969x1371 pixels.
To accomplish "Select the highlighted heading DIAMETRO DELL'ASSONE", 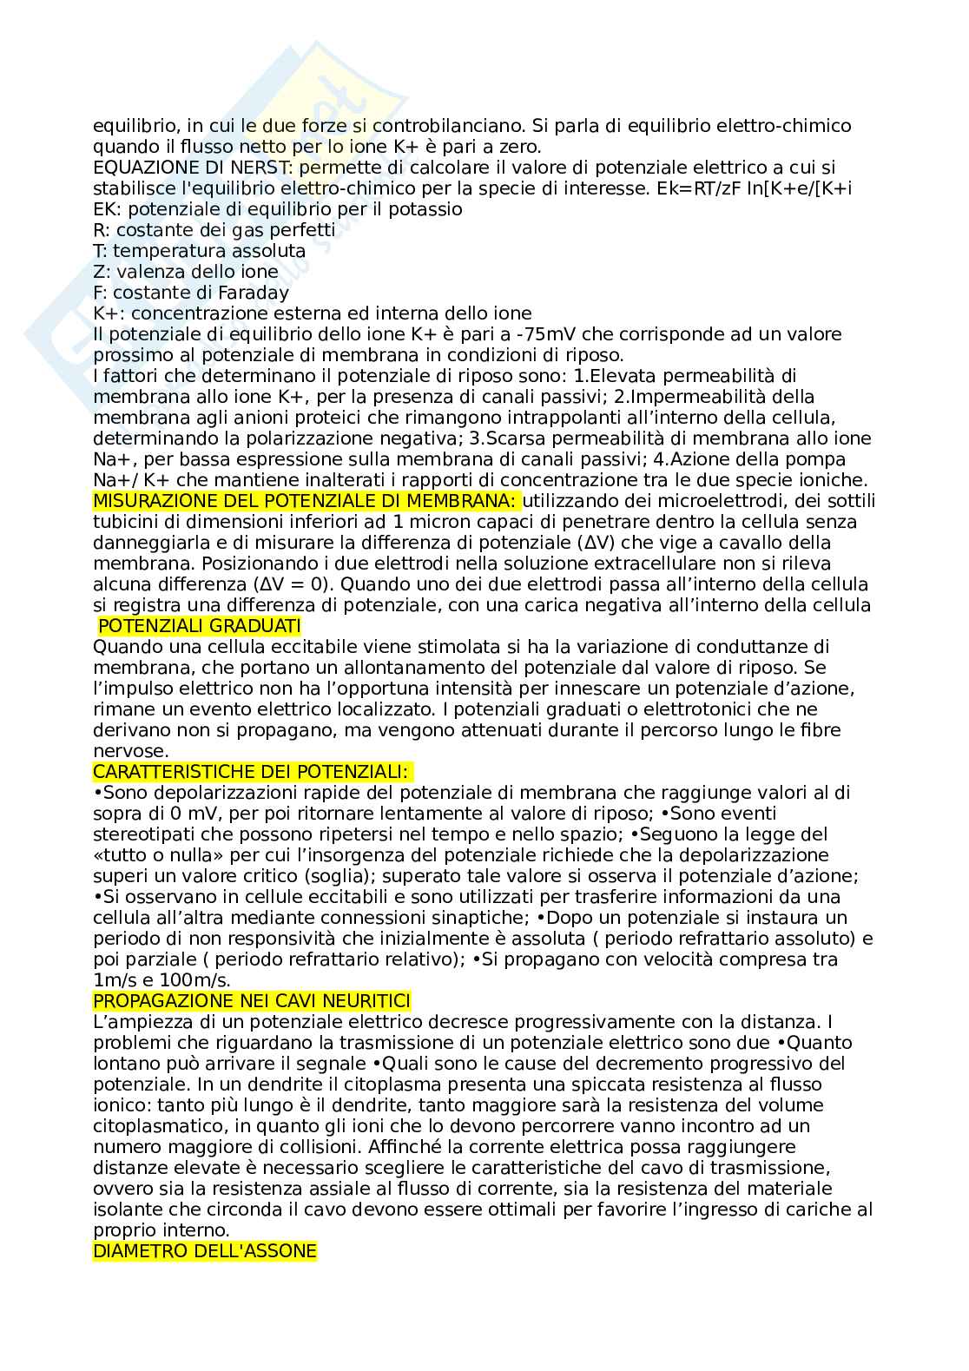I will pyautogui.click(x=204, y=1251).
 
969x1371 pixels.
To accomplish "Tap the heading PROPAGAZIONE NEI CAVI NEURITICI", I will pyautogui.click(x=252, y=1001).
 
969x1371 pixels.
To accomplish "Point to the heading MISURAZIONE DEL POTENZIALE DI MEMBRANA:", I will pyautogui.click(x=306, y=501).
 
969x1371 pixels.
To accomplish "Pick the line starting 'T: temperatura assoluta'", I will pyautogui.click(x=199, y=251).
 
